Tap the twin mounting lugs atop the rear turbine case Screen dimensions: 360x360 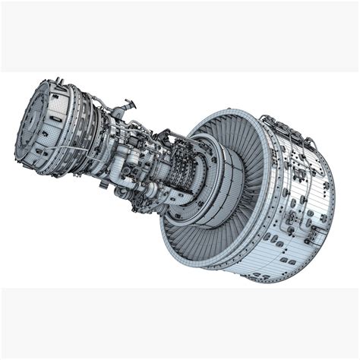59,81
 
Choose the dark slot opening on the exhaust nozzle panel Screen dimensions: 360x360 55,119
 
